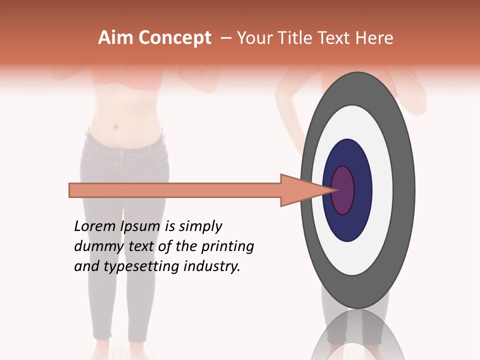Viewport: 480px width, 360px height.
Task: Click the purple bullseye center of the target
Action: pos(343,190)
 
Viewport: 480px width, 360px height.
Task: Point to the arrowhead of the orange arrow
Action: pos(300,190)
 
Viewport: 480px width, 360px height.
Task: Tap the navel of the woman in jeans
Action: pos(116,126)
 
